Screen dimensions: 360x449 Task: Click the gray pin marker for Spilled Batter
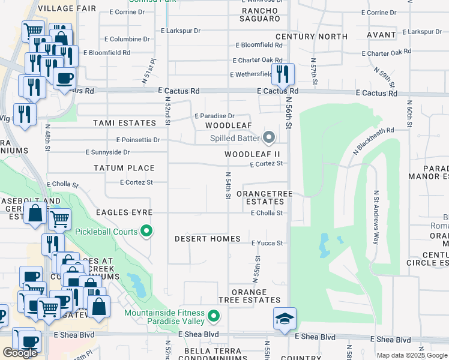(x=269, y=139)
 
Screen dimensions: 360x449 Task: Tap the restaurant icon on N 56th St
(x=282, y=74)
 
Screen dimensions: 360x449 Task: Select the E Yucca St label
(x=267, y=243)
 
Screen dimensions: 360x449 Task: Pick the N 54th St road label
(x=229, y=186)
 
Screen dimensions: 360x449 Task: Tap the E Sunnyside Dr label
(x=107, y=152)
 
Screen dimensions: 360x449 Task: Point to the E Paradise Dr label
(x=214, y=116)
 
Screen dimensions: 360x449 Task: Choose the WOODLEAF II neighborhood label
(x=252, y=154)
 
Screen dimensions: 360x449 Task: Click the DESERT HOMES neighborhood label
(x=207, y=239)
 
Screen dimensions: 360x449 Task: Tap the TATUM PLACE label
(x=124, y=168)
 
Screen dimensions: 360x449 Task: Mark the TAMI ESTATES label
(x=124, y=123)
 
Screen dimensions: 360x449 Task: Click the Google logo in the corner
(x=20, y=353)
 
